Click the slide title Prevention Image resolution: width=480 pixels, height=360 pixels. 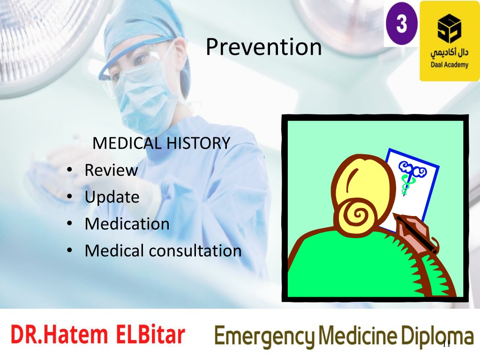(x=263, y=47)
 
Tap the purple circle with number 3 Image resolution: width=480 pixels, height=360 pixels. (x=401, y=23)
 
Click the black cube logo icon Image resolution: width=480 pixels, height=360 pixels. (x=449, y=28)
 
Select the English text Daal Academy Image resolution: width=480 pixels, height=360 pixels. (x=450, y=65)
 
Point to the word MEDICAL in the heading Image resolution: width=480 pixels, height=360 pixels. (x=127, y=143)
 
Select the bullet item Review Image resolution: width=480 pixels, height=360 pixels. (x=111, y=170)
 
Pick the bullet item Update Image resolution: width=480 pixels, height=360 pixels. (x=112, y=197)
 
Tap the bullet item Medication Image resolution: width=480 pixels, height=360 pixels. (x=127, y=224)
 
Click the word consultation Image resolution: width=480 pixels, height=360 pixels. (x=195, y=251)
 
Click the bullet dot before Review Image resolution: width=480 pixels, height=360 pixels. (x=69, y=170)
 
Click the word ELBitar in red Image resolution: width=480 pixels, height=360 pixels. (x=150, y=335)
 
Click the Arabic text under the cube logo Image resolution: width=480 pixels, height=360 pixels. (x=450, y=53)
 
